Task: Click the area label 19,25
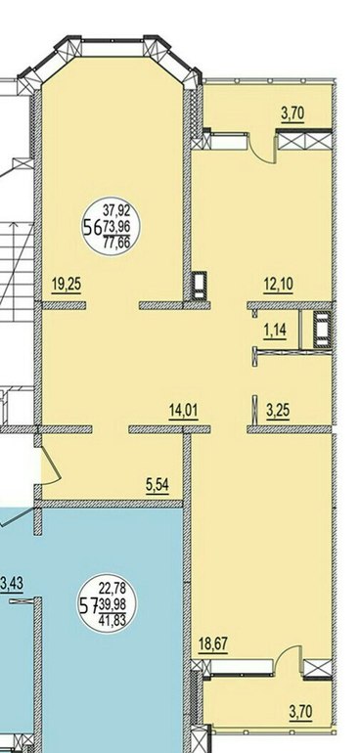(67, 285)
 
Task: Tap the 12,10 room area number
(278, 285)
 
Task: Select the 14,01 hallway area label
(184, 411)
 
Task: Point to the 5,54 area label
(157, 485)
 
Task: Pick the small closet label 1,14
(275, 332)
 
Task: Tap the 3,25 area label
(277, 412)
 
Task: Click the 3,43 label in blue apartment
(12, 585)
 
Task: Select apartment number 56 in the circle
(92, 227)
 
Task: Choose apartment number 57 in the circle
(88, 606)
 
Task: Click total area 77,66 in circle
(116, 243)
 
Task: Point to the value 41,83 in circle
(112, 621)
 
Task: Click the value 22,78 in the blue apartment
(112, 587)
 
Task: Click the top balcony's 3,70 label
(292, 114)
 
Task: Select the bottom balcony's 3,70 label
(301, 711)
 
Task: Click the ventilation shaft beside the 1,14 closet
(322, 330)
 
